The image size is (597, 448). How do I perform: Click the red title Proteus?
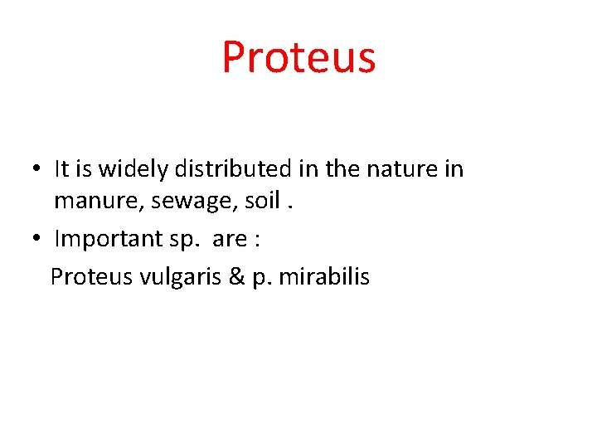coord(298,57)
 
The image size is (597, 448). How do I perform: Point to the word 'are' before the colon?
coord(229,240)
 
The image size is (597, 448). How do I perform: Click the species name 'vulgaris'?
coord(179,277)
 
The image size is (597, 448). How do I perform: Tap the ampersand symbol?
coord(235,276)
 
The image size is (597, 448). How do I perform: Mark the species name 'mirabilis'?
coord(324,275)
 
